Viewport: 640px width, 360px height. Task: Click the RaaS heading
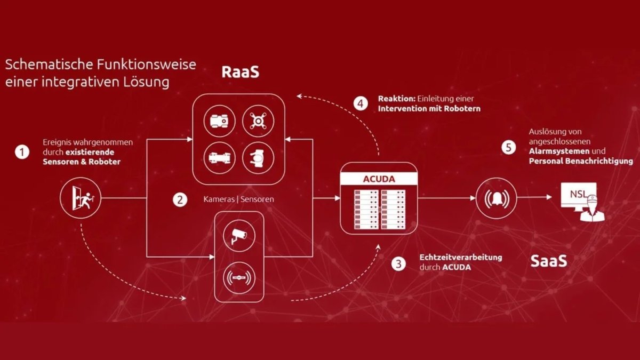241,72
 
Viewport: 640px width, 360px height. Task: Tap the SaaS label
549,261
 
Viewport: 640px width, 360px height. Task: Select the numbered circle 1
22,152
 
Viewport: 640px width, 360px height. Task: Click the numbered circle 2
180,199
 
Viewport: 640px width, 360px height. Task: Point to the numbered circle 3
398,263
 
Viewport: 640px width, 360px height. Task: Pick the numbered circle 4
361,103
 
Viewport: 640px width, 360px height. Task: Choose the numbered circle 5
509,148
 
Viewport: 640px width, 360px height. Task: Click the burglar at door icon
81,198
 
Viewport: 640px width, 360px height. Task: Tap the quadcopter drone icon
258,121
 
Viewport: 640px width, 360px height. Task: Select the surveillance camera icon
239,236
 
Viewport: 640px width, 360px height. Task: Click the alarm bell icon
497,198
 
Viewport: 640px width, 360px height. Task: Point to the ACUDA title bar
379,179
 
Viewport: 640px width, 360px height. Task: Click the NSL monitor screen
579,195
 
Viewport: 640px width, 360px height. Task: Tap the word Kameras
219,199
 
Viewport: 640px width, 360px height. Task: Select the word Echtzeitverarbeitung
461,257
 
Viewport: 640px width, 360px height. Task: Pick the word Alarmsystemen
559,151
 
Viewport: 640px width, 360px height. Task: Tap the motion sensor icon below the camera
239,278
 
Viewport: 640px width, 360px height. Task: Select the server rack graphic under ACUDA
380,210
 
